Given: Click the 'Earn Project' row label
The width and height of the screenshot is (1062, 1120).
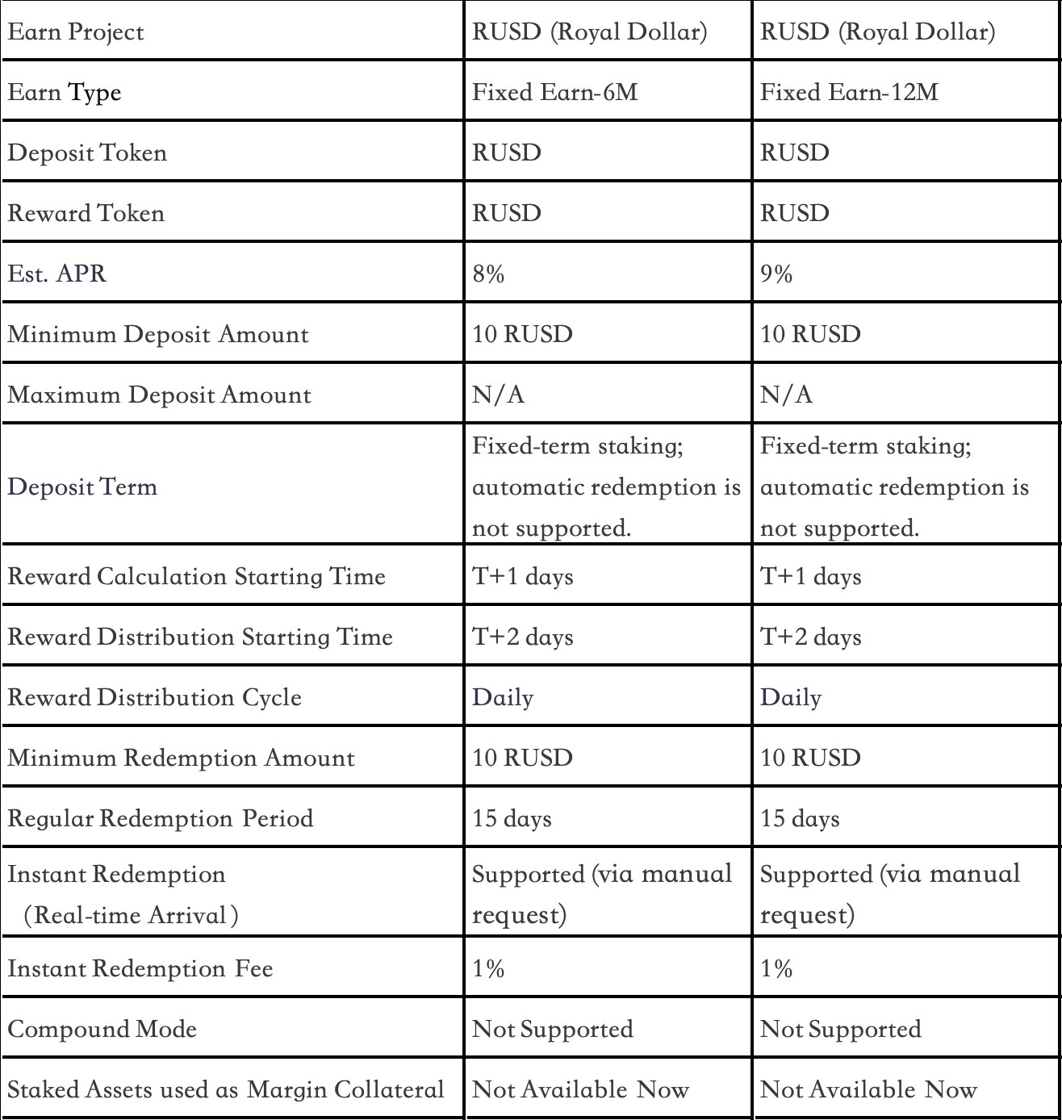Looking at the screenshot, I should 76,32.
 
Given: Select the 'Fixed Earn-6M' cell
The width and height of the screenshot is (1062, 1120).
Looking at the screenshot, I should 554,93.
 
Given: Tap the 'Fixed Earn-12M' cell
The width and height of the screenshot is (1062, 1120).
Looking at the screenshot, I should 849,93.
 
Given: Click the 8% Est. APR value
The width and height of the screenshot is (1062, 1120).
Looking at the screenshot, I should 488,274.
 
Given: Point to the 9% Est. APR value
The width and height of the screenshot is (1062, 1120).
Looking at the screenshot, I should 776,274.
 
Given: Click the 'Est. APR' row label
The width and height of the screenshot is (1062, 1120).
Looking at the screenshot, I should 57,274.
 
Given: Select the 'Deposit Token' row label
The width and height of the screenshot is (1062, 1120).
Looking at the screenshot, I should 87,153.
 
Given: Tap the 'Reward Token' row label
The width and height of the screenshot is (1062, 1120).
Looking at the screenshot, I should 86,214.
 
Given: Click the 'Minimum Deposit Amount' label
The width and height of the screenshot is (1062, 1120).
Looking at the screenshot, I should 158,335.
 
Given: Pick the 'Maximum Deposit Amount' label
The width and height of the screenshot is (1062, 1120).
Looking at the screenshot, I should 159,395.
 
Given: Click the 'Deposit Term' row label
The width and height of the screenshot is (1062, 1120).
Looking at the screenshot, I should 82,487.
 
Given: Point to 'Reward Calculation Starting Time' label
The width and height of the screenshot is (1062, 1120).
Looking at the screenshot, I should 197,577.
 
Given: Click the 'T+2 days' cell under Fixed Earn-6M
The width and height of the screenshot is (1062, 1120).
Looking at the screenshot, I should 522,637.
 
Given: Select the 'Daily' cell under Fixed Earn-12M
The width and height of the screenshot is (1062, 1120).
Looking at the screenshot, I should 791,698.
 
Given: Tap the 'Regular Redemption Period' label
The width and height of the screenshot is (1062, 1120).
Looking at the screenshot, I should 161,819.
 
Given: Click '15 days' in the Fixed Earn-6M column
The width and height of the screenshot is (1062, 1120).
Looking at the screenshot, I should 512,819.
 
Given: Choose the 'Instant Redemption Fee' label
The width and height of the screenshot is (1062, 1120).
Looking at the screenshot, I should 140,969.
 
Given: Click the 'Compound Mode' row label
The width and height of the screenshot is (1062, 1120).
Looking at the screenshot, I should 102,1030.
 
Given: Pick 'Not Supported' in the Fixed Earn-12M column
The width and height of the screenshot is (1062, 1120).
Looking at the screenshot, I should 840,1030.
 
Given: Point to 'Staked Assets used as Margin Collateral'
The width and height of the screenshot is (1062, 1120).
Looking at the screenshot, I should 226,1090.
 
